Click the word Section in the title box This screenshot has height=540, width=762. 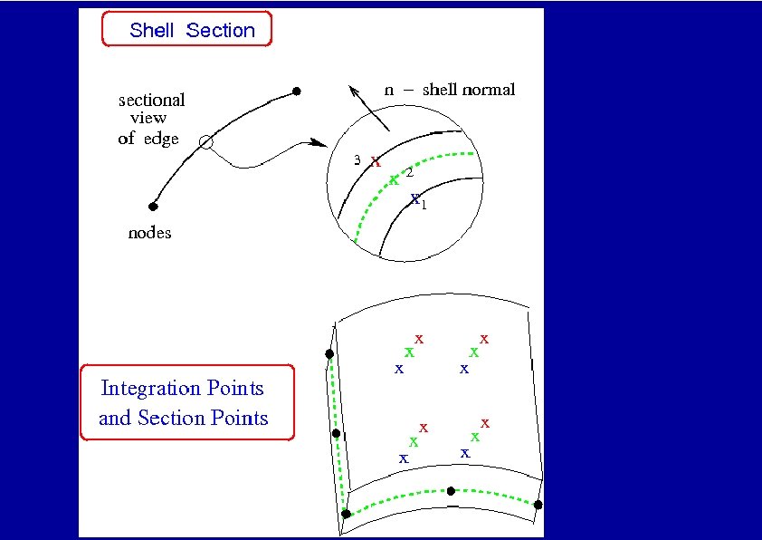point(221,30)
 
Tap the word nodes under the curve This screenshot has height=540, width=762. point(149,233)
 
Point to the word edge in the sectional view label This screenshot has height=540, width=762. point(161,140)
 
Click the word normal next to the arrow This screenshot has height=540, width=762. point(489,90)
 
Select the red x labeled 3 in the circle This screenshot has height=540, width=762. point(376,161)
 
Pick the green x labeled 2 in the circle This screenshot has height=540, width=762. point(394,179)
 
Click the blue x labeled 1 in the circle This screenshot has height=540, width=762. point(414,198)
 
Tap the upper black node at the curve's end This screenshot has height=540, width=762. point(296,92)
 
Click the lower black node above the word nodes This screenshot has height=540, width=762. point(153,207)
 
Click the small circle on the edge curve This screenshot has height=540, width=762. point(206,141)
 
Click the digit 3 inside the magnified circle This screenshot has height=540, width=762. point(357,160)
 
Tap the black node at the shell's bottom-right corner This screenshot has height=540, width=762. point(538,505)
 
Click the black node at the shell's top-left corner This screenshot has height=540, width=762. point(329,353)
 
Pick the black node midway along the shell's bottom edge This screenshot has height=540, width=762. point(451,490)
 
